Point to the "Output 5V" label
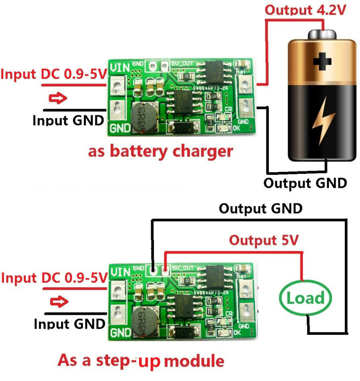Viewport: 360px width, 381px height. pos(264,240)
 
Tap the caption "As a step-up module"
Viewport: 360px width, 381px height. pos(141,360)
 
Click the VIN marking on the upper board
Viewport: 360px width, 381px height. pos(119,68)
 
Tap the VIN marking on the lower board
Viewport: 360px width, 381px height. pos(119,272)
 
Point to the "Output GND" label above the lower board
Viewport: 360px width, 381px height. pos(260,209)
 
